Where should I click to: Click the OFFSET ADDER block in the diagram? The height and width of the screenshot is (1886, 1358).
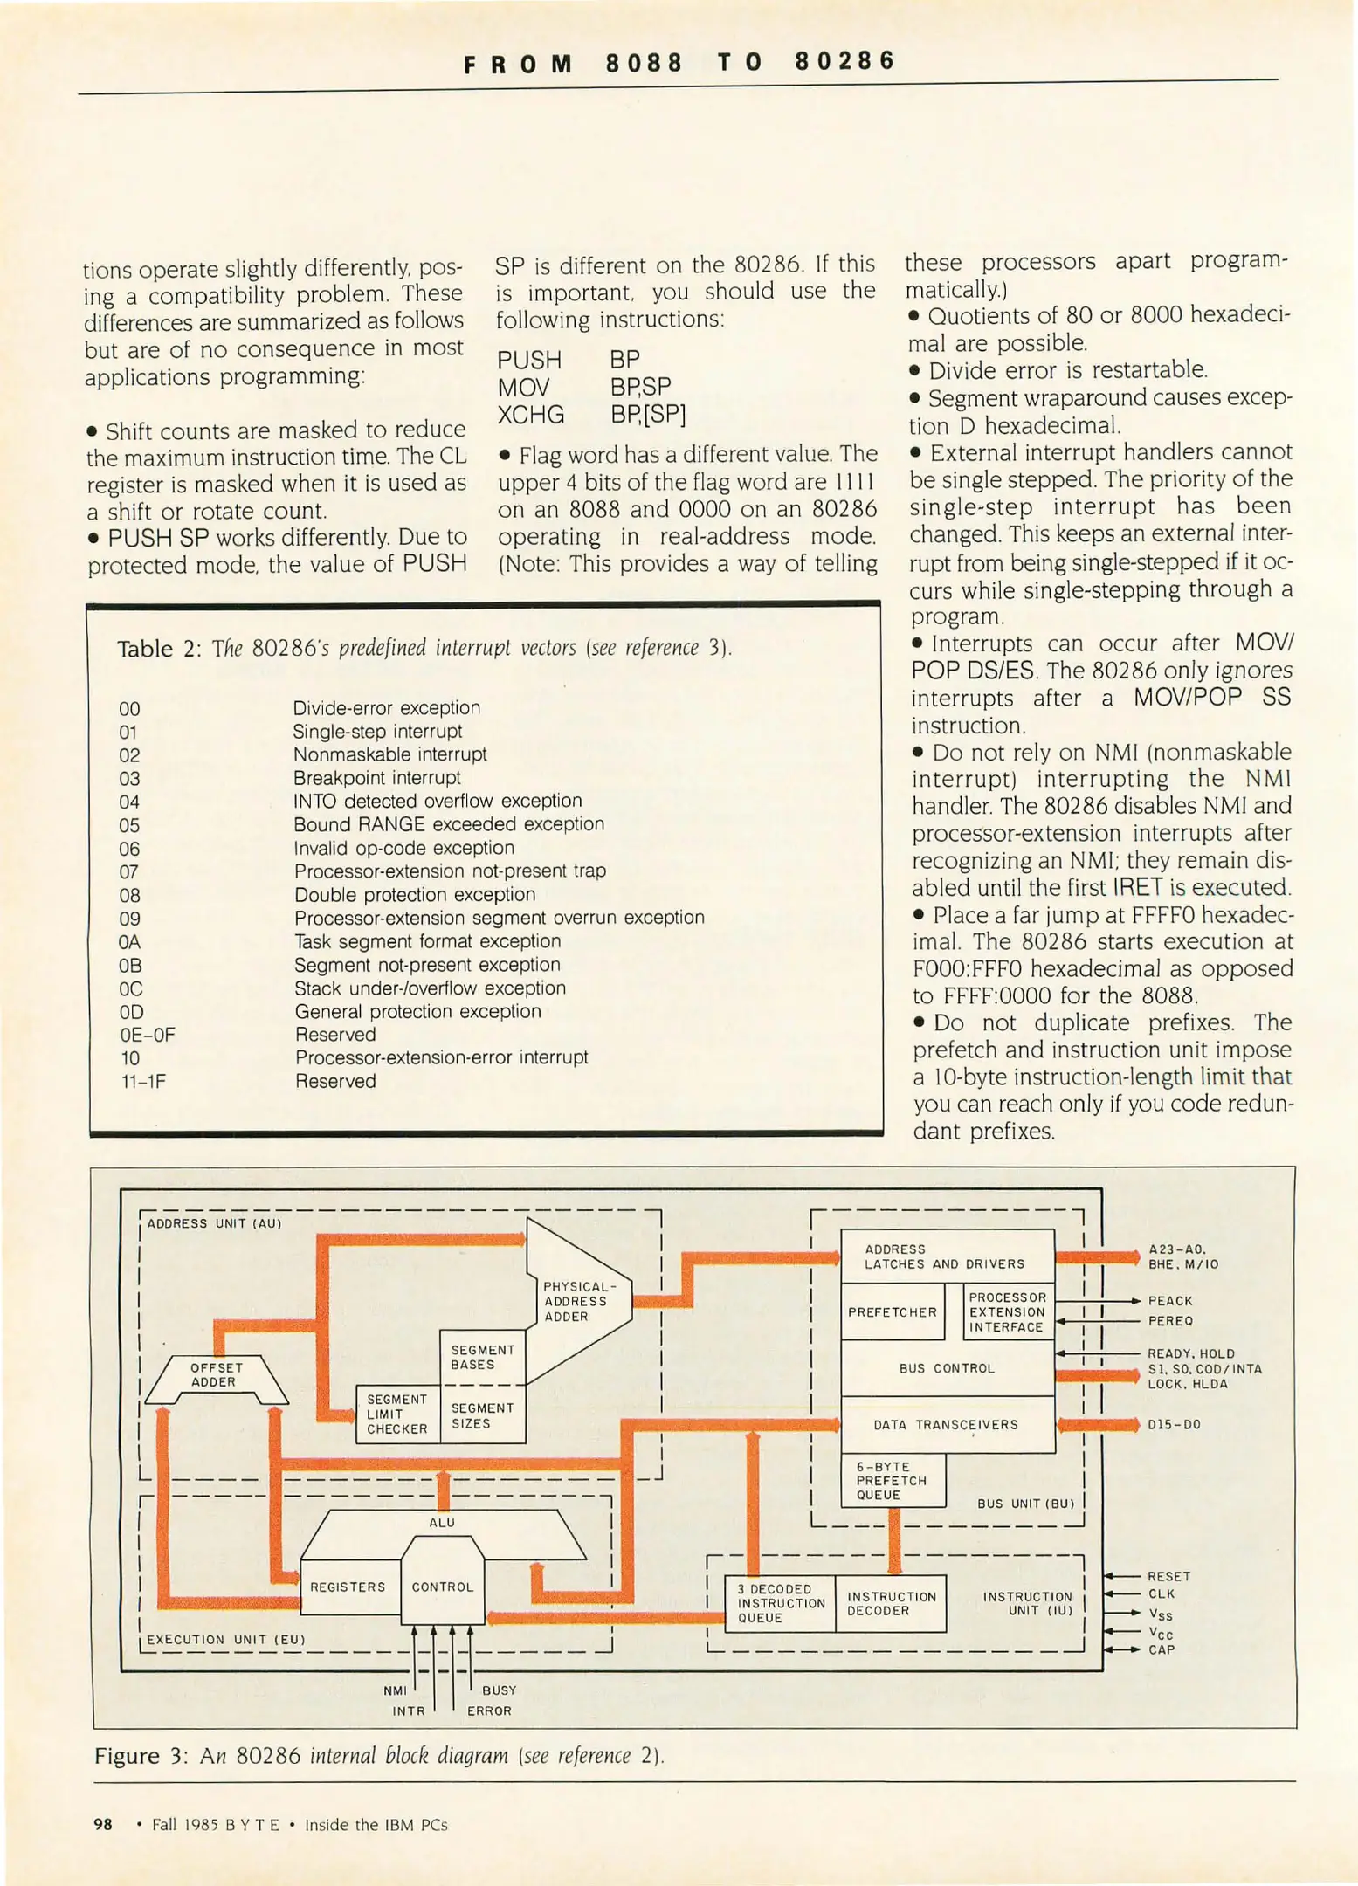point(215,1375)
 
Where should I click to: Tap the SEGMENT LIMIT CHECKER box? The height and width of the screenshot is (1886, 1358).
point(397,1414)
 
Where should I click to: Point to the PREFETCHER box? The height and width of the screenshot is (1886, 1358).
point(892,1312)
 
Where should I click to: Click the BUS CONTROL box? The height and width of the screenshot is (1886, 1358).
point(947,1368)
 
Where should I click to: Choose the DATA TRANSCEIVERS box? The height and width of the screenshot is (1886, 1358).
point(946,1425)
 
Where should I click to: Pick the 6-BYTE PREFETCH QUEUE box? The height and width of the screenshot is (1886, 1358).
point(892,1481)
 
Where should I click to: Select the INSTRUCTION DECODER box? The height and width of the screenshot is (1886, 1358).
point(891,1604)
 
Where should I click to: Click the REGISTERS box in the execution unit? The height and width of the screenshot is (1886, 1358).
point(348,1587)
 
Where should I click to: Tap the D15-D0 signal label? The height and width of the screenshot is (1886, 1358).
point(1174,1425)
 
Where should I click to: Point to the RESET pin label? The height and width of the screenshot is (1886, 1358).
point(1168,1577)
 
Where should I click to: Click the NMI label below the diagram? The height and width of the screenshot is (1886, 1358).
point(395,1691)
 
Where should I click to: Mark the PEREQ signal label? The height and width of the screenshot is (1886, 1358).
point(1170,1321)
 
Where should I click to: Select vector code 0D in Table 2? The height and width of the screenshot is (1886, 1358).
point(132,1012)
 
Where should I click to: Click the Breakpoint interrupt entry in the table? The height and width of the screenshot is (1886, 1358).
point(376,778)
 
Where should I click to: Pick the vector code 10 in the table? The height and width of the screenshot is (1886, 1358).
point(130,1058)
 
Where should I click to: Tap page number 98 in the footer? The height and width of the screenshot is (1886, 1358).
point(103,1825)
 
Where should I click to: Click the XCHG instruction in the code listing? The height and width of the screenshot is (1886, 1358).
point(530,415)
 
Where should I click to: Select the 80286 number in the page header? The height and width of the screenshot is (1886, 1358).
point(844,61)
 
